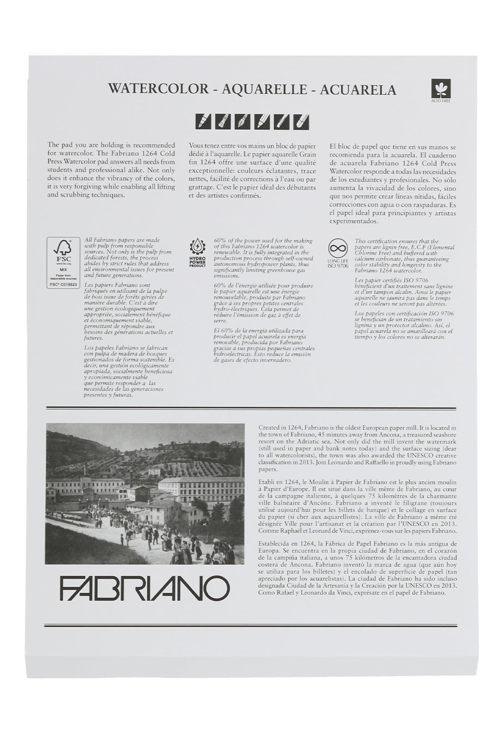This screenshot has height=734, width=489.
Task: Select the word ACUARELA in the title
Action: pyautogui.click(x=358, y=89)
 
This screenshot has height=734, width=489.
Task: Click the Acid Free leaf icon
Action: pyautogui.click(x=441, y=89)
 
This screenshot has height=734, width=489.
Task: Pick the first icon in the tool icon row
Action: pyautogui.click(x=204, y=121)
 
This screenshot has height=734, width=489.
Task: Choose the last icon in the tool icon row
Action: pyautogui.click(x=301, y=121)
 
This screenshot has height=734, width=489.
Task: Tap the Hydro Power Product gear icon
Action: pyautogui.click(x=197, y=246)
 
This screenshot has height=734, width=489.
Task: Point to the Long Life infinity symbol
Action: pyautogui.click(x=337, y=249)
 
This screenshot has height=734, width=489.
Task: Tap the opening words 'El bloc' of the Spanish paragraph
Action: pyautogui.click(x=341, y=147)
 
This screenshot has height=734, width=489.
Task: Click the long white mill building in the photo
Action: pyautogui.click(x=201, y=488)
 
